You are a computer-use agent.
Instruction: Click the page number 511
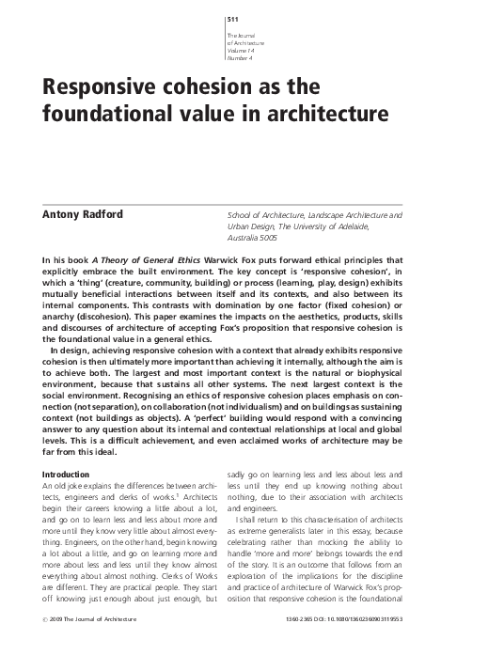point(232,20)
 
